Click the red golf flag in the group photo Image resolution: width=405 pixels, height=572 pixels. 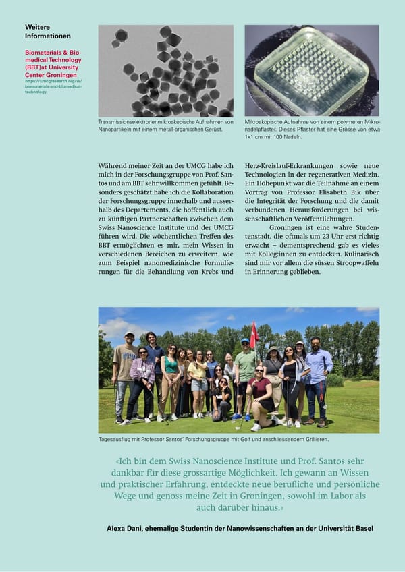point(254,332)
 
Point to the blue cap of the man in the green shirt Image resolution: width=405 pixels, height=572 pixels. point(245,341)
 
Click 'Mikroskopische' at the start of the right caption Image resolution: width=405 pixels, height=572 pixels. point(264,122)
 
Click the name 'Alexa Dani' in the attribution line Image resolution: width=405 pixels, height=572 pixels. point(124,528)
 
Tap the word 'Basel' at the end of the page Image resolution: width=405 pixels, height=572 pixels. point(362,528)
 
